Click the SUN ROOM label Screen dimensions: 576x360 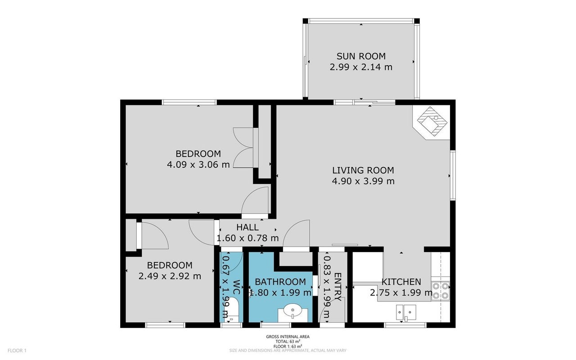361,56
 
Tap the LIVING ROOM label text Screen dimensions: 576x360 363,170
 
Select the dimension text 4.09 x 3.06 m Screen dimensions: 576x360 198,165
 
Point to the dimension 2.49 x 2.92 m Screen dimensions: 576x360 170,276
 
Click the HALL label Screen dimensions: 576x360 247,227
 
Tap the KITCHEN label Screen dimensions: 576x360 401,282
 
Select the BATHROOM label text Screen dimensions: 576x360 280,282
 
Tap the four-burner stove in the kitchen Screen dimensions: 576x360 441,291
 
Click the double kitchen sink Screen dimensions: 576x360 406,312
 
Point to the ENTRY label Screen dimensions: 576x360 337,287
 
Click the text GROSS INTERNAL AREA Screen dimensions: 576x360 288,337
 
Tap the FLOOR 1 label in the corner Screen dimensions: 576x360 17,351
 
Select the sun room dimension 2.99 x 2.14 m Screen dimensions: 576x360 361,67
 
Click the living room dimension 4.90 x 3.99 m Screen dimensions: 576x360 363,181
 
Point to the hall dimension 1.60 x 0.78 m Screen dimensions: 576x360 247,238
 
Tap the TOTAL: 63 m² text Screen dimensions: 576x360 288,342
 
